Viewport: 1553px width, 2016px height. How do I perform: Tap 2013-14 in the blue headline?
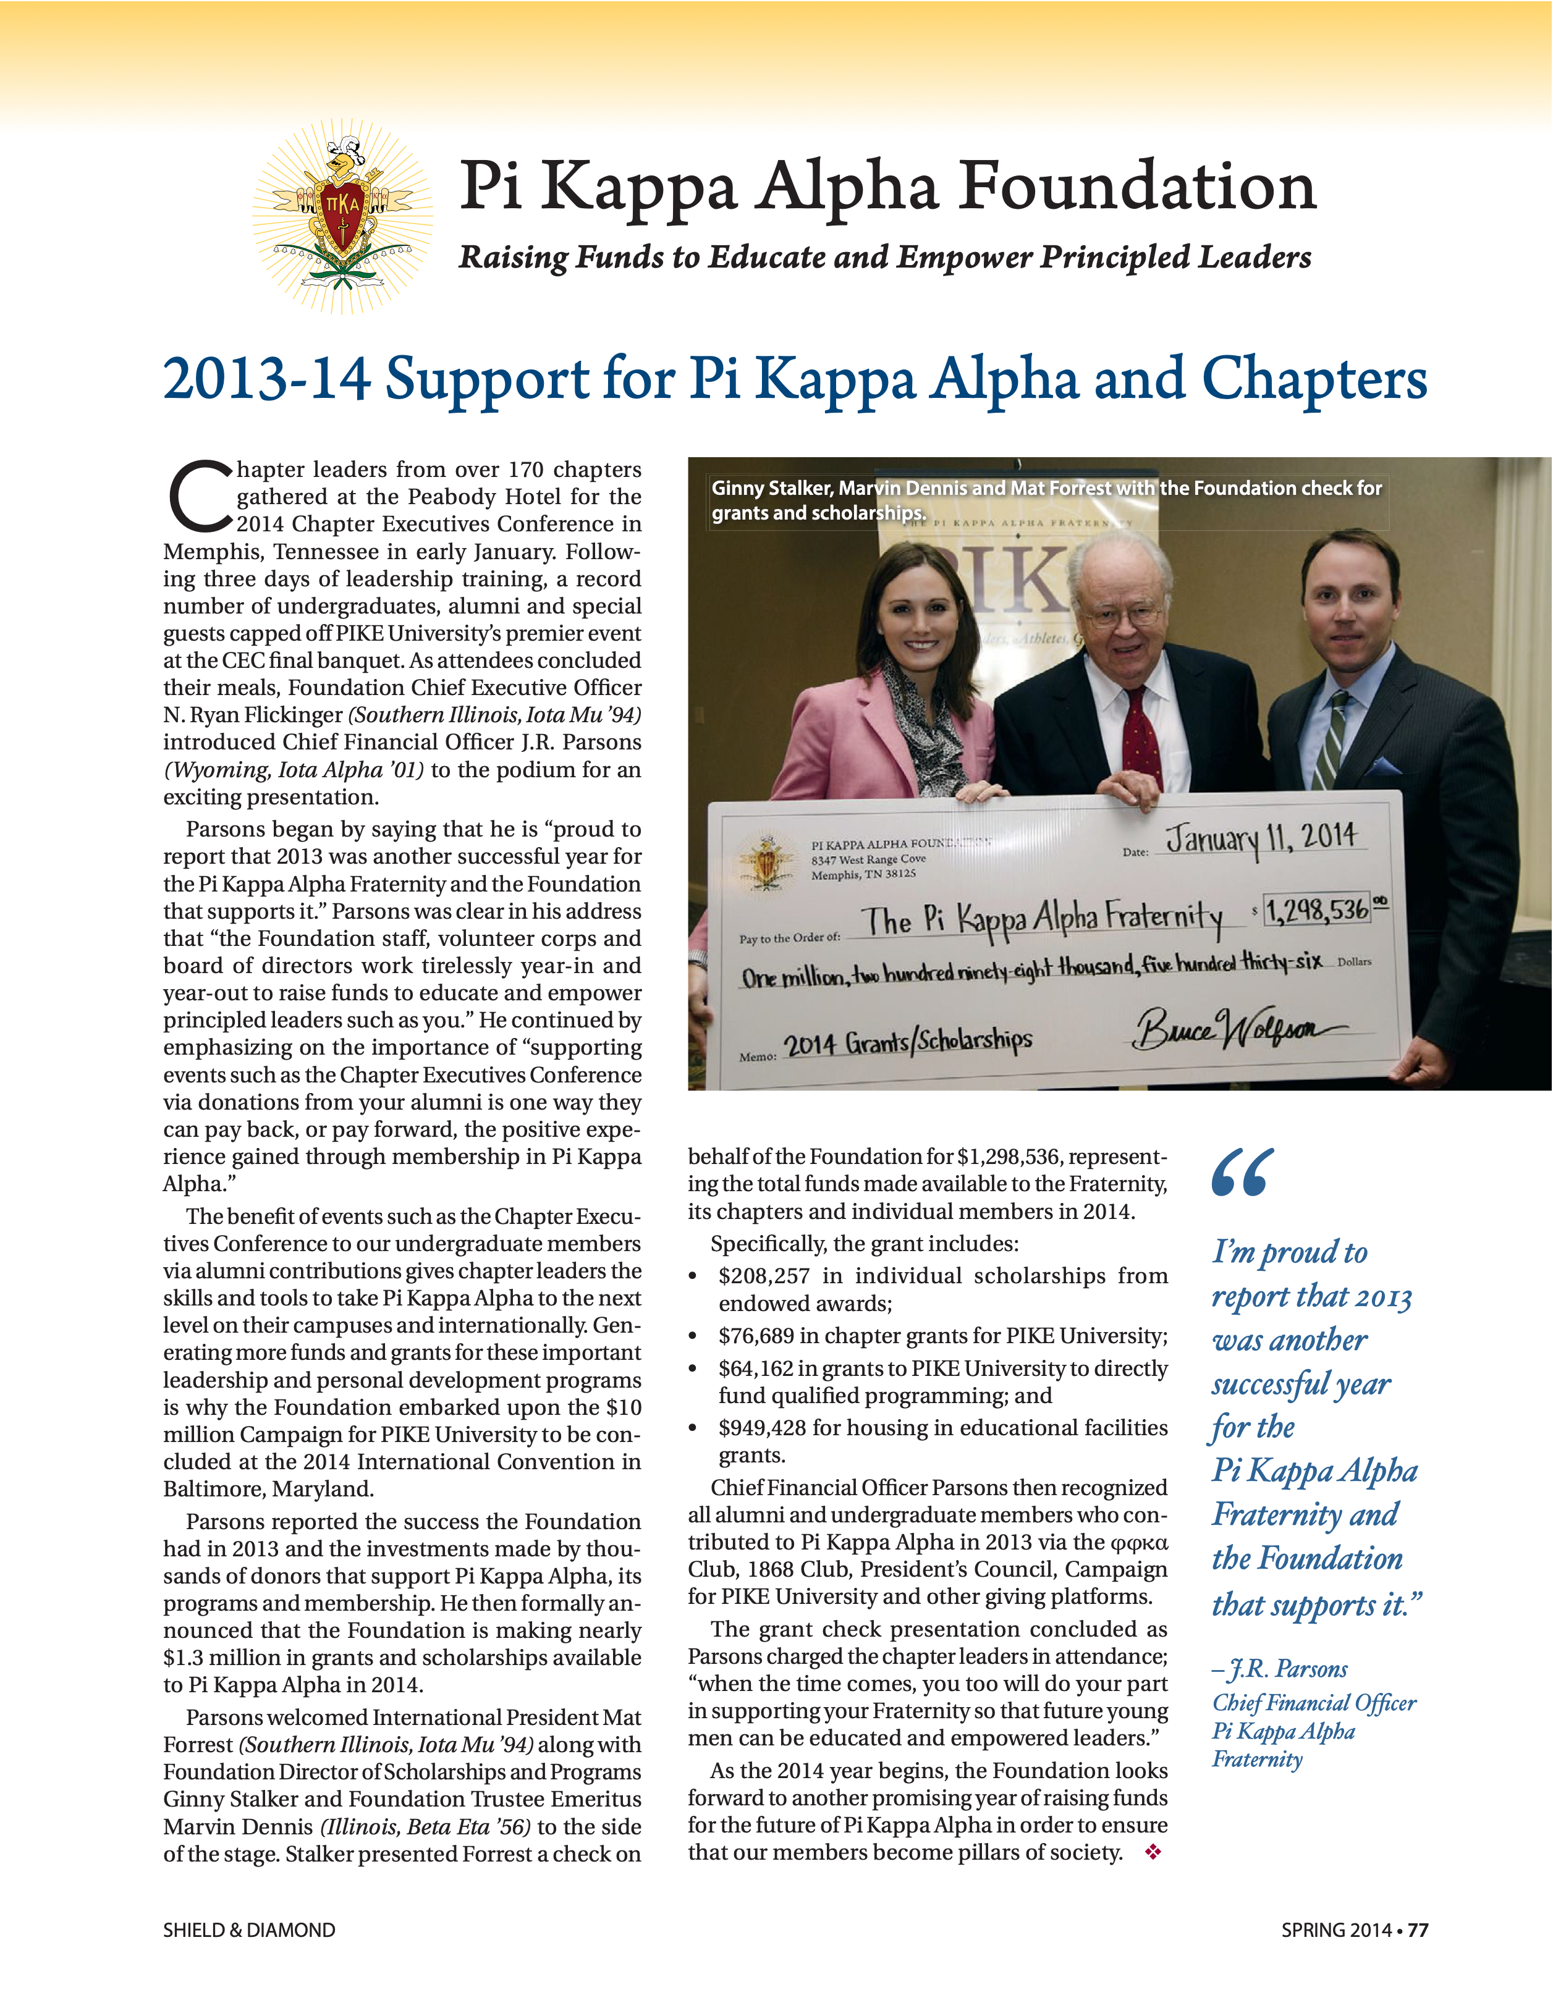pyautogui.click(x=267, y=379)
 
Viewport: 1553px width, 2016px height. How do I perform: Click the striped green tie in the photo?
pyautogui.click(x=1329, y=738)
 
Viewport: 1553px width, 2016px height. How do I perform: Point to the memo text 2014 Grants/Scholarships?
pyautogui.click(x=908, y=1042)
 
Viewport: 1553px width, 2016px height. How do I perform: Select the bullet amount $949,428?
pyautogui.click(x=763, y=1428)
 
